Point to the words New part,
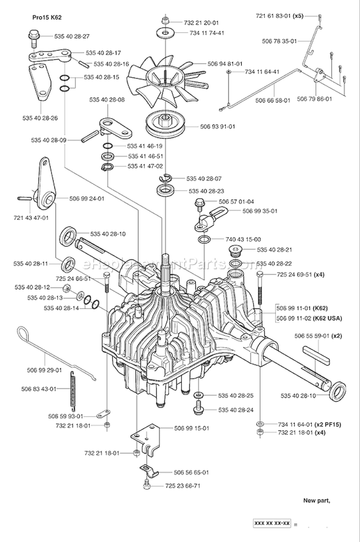(x=316, y=501)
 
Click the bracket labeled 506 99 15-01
(x=145, y=437)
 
